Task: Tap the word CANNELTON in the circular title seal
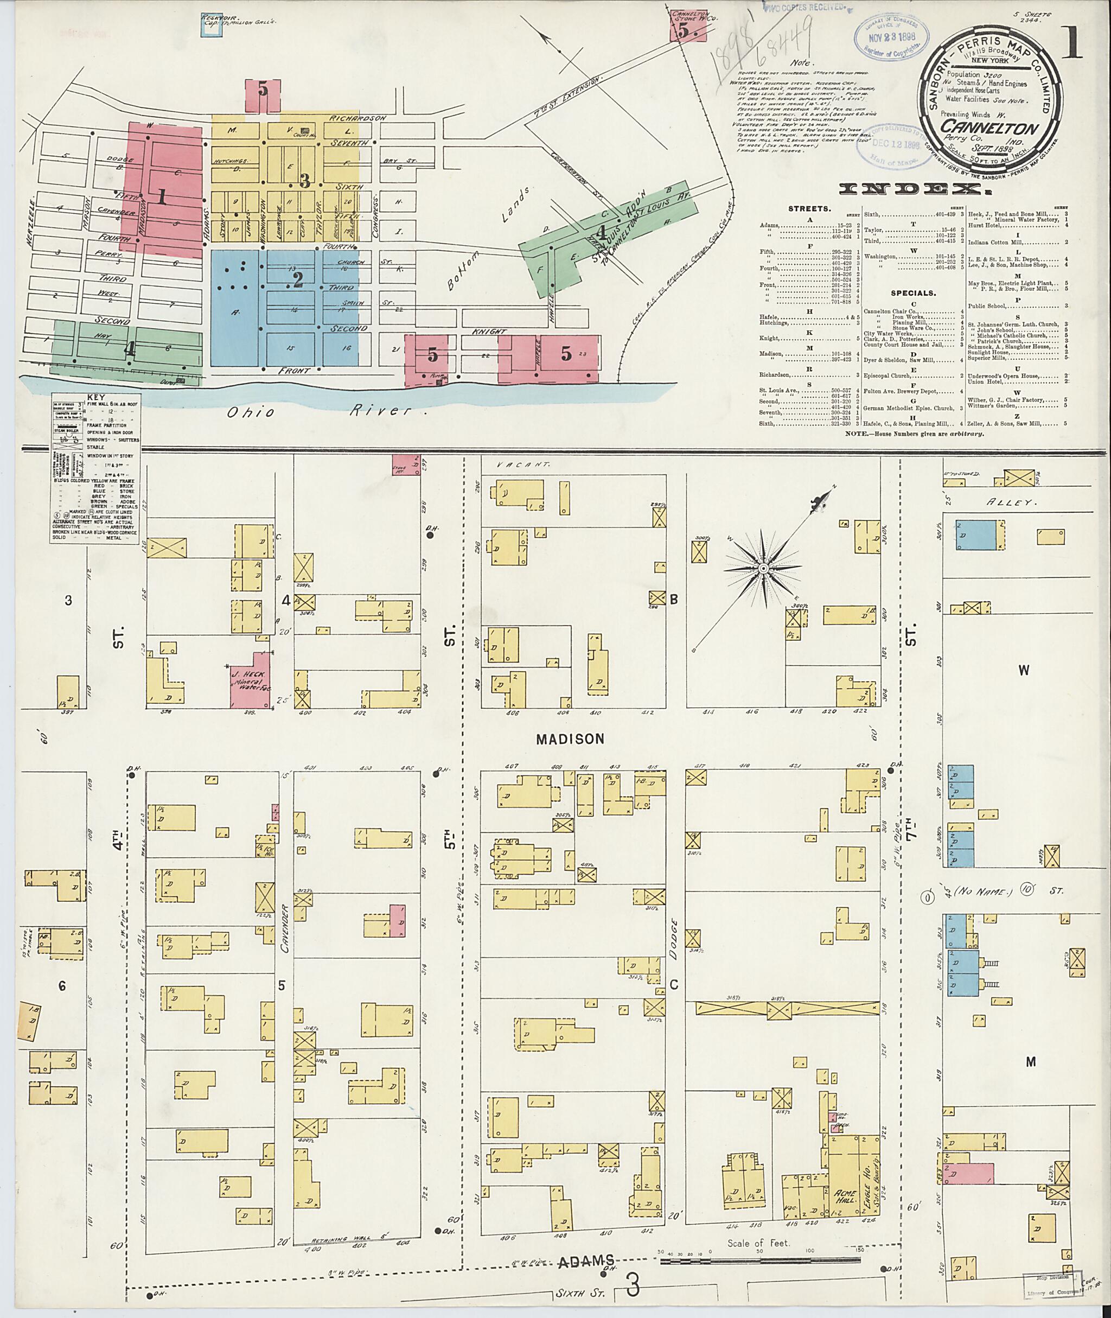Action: [989, 130]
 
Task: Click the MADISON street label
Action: [570, 740]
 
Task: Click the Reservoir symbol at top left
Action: [213, 28]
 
